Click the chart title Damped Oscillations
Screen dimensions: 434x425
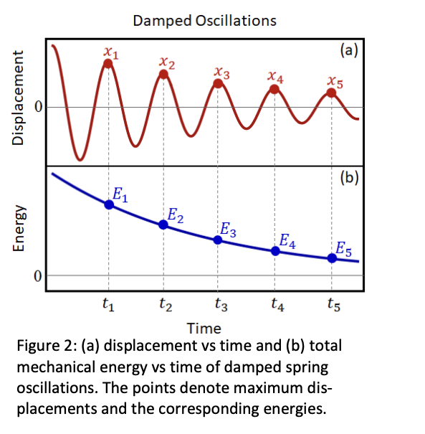[204, 20]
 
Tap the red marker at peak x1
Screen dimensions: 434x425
[108, 63]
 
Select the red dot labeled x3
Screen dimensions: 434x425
[219, 84]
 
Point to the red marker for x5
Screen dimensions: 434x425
[331, 93]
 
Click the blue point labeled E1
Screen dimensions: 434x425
[109, 204]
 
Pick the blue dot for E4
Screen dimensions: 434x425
[275, 250]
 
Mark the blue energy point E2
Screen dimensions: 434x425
[163, 225]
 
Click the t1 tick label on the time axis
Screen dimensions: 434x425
[108, 307]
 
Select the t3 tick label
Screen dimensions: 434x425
[221, 307]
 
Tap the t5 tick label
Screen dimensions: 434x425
[332, 307]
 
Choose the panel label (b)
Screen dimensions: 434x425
[348, 177]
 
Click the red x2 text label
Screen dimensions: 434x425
[165, 63]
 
